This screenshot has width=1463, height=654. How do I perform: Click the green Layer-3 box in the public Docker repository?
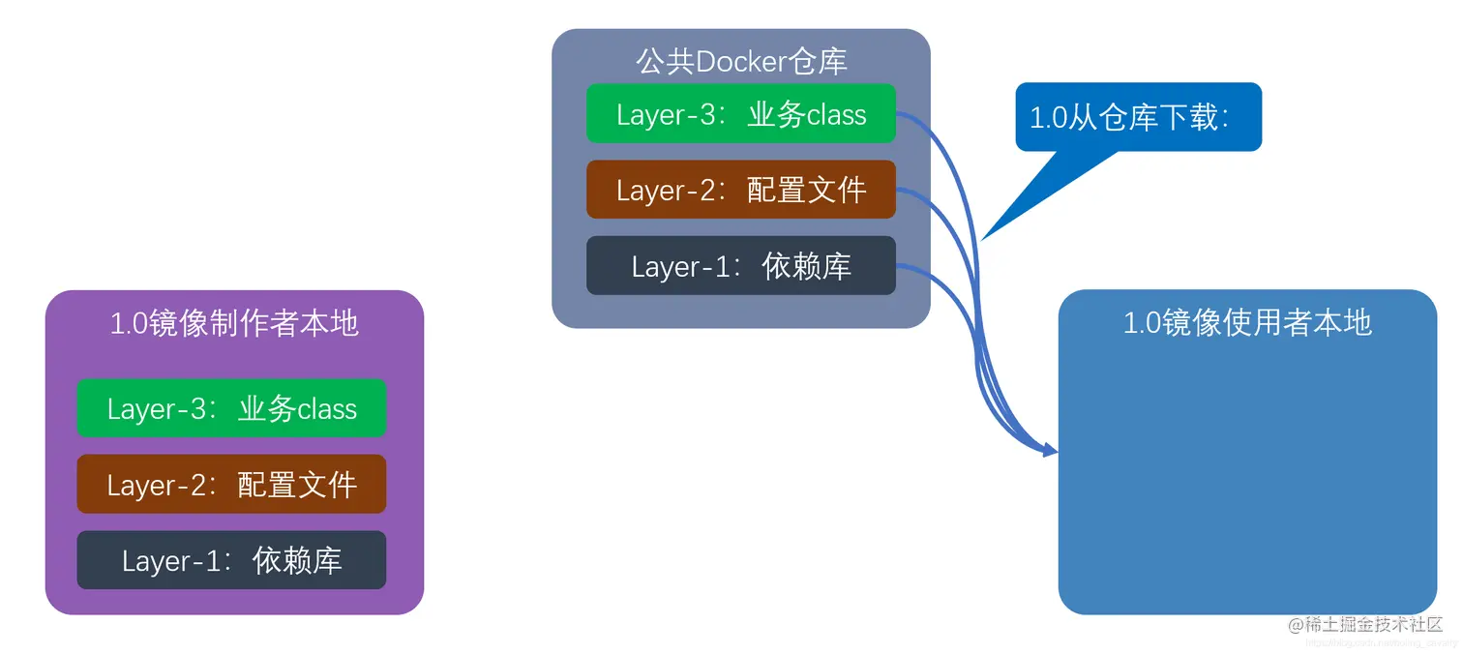pyautogui.click(x=740, y=114)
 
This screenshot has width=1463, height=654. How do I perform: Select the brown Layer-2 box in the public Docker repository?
pyautogui.click(x=740, y=190)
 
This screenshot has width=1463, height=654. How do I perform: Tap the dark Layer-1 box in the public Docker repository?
pyautogui.click(x=740, y=266)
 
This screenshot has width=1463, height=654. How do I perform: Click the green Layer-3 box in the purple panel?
pyautogui.click(x=231, y=408)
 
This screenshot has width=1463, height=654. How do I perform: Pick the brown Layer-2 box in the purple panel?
pyautogui.click(x=231, y=484)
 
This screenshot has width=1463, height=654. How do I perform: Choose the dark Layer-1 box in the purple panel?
pyautogui.click(x=231, y=560)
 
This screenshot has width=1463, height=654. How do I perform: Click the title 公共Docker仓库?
pyautogui.click(x=741, y=61)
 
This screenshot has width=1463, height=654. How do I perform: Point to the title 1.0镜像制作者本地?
pyautogui.click(x=234, y=323)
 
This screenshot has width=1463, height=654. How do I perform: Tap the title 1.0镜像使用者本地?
pyautogui.click(x=1247, y=322)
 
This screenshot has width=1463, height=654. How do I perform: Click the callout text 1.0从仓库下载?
pyautogui.click(x=1129, y=117)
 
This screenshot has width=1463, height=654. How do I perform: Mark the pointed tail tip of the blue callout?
pyautogui.click(x=983, y=238)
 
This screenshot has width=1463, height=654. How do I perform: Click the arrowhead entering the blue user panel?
pyautogui.click(x=1052, y=451)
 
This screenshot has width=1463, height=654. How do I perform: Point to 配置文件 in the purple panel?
pyautogui.click(x=297, y=485)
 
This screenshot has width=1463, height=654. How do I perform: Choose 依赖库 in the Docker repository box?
pyautogui.click(x=806, y=266)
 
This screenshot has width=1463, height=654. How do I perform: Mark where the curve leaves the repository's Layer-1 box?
pyautogui.click(x=898, y=266)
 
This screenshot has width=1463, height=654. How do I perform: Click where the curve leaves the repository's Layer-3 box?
pyautogui.click(x=898, y=114)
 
